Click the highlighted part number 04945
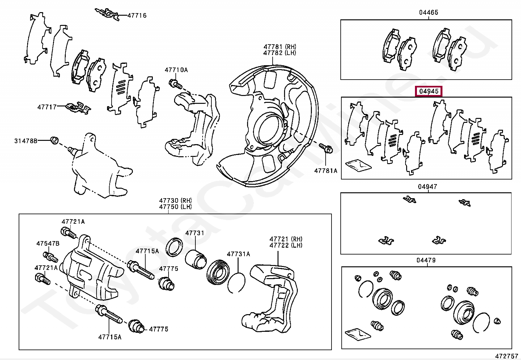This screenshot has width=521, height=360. (429, 91)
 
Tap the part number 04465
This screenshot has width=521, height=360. (429, 12)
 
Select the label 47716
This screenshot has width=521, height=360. (137, 16)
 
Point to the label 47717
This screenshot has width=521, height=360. (47, 107)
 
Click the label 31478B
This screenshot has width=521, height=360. (26, 141)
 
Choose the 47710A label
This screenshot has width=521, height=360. (176, 70)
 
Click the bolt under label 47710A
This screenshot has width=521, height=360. (175, 84)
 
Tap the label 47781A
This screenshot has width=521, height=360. (326, 171)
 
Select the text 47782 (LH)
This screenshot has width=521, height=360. (279, 53)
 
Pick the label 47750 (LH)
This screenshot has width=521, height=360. (175, 207)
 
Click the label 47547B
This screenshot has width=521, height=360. (48, 244)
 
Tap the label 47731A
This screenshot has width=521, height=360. (238, 254)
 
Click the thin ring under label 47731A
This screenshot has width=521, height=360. (236, 282)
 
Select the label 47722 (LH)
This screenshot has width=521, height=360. (286, 245)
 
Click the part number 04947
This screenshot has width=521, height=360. (427, 187)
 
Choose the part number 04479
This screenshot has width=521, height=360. (426, 260)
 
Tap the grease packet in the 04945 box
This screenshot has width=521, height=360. (358, 165)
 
